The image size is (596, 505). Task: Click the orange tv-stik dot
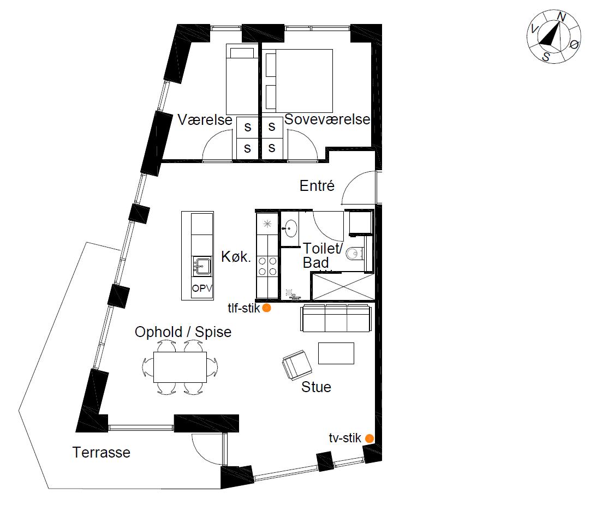click(x=369, y=438)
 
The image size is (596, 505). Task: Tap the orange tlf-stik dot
click(x=267, y=308)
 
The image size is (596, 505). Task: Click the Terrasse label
click(x=101, y=453)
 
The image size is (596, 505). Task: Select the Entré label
click(x=317, y=185)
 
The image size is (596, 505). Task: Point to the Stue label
click(x=316, y=387)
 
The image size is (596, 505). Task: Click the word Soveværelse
click(x=327, y=119)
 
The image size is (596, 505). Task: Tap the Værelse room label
click(x=205, y=120)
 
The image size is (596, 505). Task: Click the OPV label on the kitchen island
click(x=202, y=288)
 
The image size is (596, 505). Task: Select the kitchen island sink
click(x=202, y=266)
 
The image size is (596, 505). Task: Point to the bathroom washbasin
click(x=290, y=229)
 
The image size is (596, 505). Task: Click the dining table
click(x=180, y=367)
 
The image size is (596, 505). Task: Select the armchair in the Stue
click(x=297, y=365)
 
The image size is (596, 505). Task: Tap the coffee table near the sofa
click(x=336, y=353)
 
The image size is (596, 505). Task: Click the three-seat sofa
click(x=336, y=318)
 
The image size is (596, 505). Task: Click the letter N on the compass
click(x=561, y=17)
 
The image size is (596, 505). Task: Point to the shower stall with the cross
click(x=343, y=286)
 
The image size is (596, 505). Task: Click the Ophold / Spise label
click(x=183, y=332)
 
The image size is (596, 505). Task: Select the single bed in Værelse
click(x=242, y=80)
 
